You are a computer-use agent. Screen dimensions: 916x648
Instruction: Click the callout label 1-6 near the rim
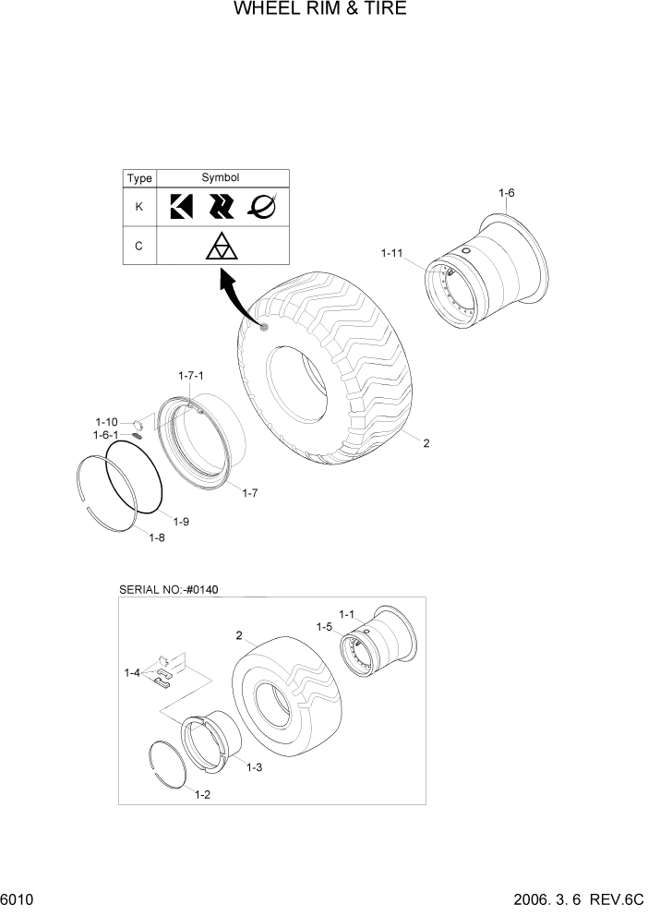tap(506, 193)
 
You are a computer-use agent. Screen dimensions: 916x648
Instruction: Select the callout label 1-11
tap(392, 251)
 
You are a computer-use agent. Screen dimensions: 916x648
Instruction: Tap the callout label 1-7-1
tap(190, 376)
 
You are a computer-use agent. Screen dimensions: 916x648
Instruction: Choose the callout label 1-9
tap(180, 523)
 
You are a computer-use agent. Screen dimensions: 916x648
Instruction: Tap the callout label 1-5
tap(323, 627)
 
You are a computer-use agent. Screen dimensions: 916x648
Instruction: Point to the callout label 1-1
tap(347, 613)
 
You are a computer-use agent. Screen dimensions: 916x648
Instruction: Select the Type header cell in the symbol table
tap(139, 178)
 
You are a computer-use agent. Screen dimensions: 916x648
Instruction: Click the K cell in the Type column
tap(139, 207)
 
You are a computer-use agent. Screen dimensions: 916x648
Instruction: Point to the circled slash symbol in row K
tap(261, 207)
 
